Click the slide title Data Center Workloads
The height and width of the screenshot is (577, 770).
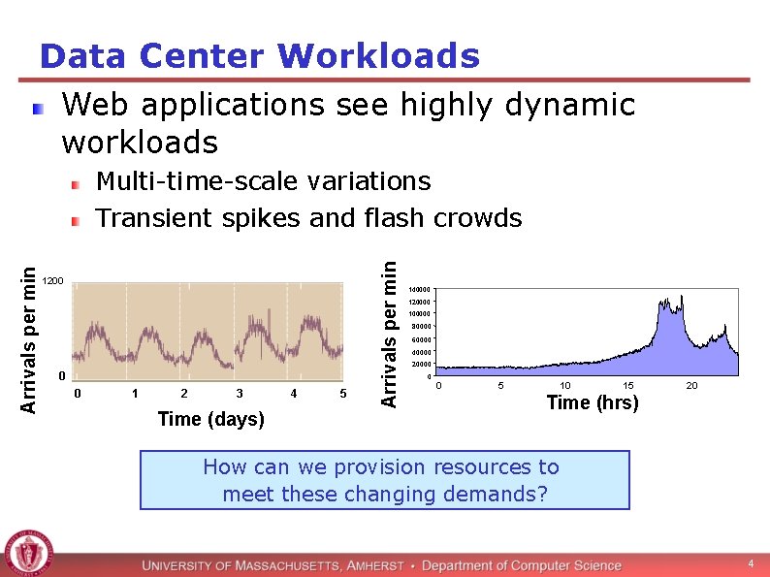259,56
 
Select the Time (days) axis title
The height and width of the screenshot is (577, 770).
210,419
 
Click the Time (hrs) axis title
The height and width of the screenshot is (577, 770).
593,402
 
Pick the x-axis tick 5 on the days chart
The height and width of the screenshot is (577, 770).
343,393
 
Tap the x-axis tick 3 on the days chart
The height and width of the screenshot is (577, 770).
240,393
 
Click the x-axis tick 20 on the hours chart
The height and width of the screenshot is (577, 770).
691,386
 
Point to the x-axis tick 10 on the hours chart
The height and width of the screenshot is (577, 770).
565,386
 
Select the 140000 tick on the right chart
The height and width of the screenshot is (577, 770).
419,289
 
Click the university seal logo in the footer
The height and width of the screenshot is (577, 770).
29,554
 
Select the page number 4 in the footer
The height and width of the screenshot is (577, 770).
750,564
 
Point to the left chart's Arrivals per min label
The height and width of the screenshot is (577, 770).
29,338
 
